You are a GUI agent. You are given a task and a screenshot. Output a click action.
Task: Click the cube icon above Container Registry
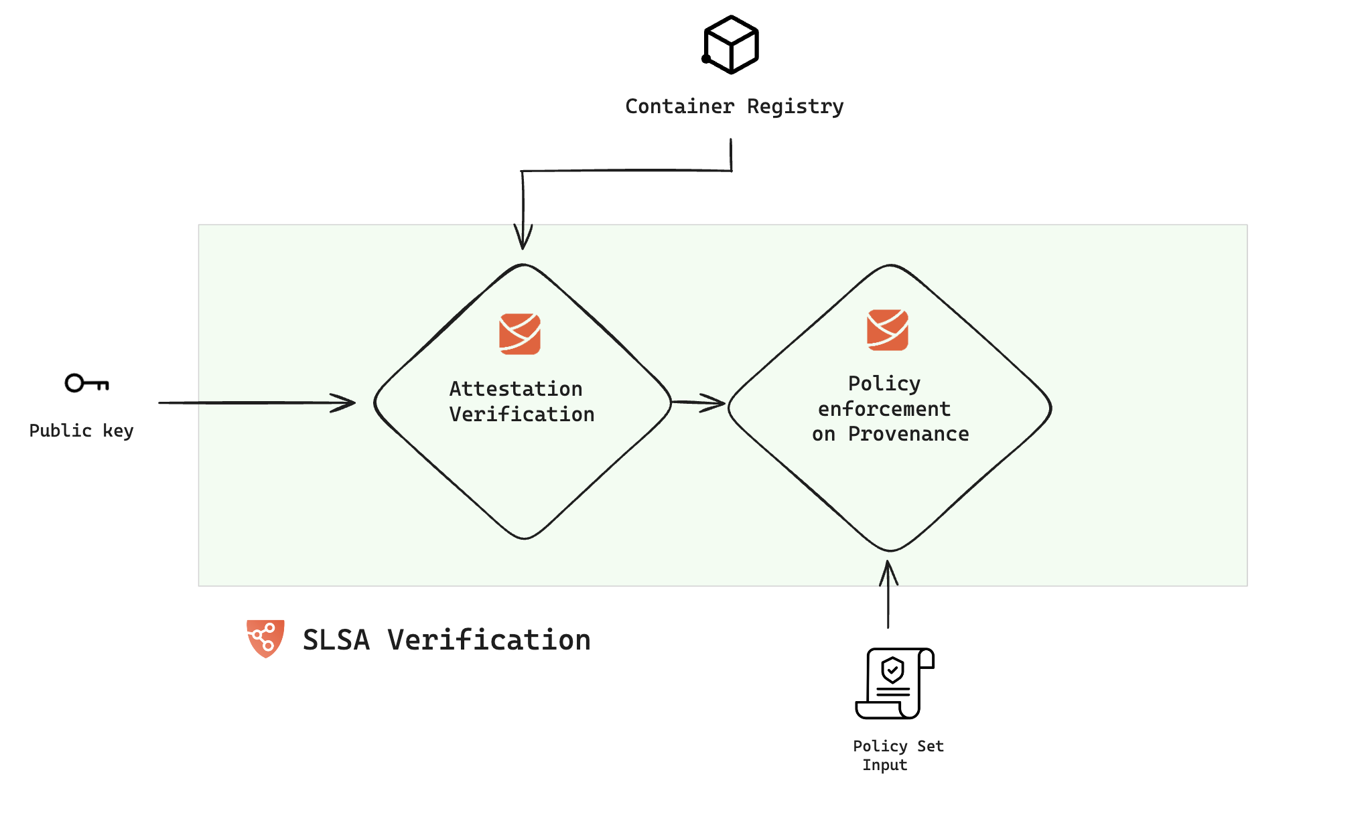point(731,45)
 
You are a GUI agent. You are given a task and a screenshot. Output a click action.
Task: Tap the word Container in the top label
point(679,106)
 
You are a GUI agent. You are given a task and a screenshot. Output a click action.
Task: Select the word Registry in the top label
point(795,107)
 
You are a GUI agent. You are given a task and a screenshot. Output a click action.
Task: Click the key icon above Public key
point(86,383)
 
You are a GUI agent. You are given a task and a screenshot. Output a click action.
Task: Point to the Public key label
point(81,431)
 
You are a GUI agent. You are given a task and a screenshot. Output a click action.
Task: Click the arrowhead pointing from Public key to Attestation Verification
point(345,402)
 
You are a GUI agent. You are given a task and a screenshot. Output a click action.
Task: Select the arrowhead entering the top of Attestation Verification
point(523,238)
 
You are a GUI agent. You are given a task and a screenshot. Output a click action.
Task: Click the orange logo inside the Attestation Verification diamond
point(520,333)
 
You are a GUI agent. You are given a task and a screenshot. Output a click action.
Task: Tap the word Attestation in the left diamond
point(516,389)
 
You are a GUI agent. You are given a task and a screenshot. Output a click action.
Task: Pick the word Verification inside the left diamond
point(522,415)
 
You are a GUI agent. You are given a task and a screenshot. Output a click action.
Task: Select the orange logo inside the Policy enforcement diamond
point(888,329)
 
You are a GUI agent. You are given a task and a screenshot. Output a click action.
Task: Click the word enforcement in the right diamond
point(884,409)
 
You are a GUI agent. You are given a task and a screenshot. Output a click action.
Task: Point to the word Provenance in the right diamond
point(908,435)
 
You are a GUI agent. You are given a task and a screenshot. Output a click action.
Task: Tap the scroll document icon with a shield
point(894,683)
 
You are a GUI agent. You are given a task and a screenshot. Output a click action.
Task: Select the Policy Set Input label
point(898,755)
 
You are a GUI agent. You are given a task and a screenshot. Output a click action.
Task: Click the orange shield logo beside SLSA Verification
point(265,638)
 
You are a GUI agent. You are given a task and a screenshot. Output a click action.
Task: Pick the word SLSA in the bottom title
point(336,640)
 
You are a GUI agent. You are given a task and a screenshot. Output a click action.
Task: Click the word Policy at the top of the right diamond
point(884,384)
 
